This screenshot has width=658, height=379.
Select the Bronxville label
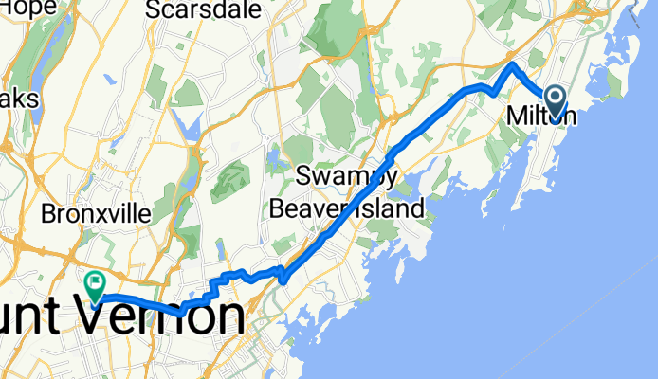coord(96,214)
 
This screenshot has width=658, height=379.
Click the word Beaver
coord(309,206)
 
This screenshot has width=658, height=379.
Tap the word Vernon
coord(166,316)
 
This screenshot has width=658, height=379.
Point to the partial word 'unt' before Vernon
coord(28,316)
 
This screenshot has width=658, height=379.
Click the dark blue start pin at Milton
coord(554,98)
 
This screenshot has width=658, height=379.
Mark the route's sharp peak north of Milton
coord(512,65)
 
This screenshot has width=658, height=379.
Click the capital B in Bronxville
coord(48,214)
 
